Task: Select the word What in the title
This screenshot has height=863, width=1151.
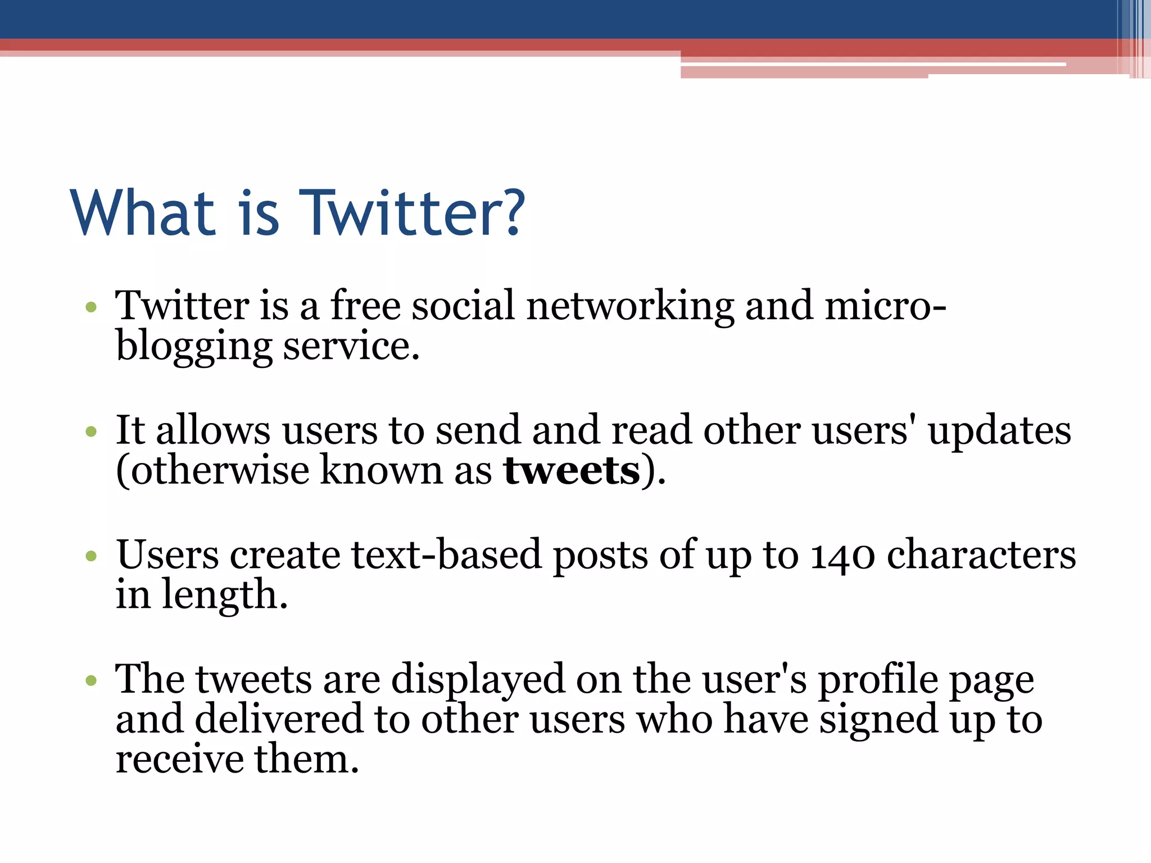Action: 143,214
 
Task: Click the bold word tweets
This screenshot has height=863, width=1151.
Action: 572,471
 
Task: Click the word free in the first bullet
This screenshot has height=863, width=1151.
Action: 365,306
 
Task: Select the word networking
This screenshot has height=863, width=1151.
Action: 630,307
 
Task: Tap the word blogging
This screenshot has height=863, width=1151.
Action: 194,347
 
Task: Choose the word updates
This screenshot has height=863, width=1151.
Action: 999,431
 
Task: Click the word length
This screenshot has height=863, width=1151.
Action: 224,596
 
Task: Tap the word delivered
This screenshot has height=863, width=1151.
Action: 279,720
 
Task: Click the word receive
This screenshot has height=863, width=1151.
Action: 180,760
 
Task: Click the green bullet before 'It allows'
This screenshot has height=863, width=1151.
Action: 91,432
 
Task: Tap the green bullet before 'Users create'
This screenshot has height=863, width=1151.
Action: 91,556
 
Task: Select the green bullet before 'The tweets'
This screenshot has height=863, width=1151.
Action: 91,681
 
